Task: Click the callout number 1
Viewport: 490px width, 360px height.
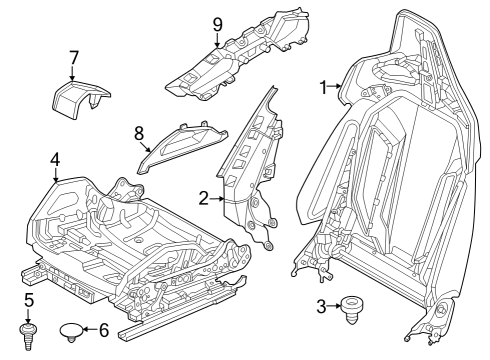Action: tap(323, 87)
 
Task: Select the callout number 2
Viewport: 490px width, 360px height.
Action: tap(204, 199)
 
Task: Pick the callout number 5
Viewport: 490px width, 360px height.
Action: tap(29, 299)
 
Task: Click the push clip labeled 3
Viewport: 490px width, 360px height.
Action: tap(353, 308)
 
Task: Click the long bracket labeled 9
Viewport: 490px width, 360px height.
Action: tap(240, 60)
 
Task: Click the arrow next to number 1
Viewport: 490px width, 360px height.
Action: tap(338, 88)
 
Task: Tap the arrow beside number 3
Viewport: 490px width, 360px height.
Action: tap(336, 306)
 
